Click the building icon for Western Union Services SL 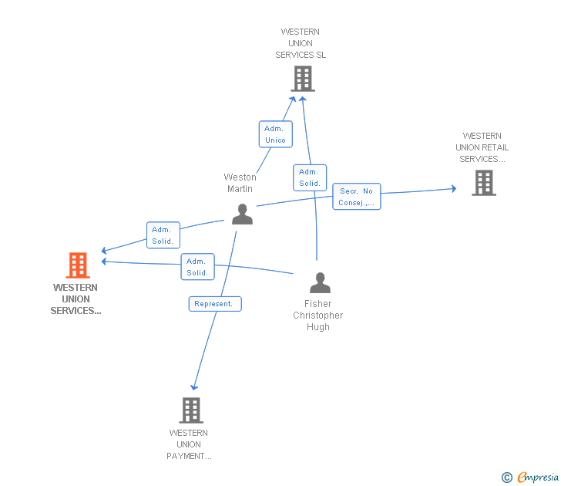coord(303,78)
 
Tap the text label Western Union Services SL coord(301,43)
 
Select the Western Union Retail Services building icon coord(483,183)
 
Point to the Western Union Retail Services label coord(482,147)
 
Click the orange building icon coord(77,265)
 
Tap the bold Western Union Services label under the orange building coord(76,299)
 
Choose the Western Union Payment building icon coord(191,410)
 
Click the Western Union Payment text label coord(189,444)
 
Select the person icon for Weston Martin coord(242,214)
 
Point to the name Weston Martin coord(240,183)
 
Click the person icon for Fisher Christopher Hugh coord(319,283)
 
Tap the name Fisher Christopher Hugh coord(317,316)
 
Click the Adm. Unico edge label coord(275,134)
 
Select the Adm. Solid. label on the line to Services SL coord(310,177)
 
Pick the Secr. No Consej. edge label coord(357,197)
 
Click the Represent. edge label coord(215,304)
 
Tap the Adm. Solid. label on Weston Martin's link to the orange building coord(163,235)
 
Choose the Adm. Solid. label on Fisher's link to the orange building coord(197,267)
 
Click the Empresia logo coord(538,478)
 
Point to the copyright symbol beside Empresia coord(507,478)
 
